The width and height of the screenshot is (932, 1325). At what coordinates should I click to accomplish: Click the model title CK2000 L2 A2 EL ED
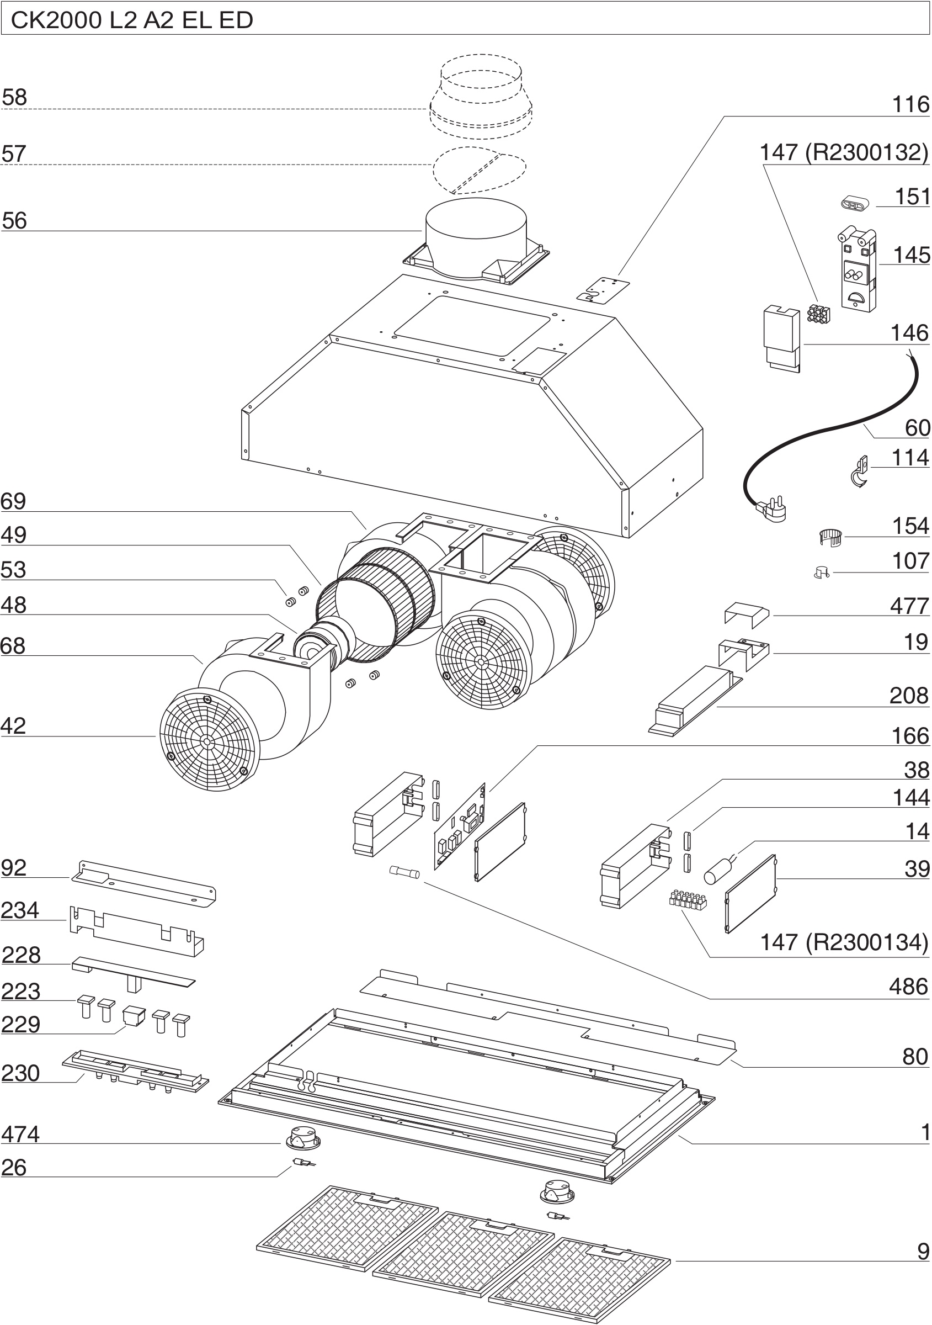(132, 20)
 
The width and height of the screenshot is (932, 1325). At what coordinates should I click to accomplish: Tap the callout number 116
(910, 104)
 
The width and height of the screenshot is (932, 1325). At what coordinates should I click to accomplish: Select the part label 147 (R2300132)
(843, 152)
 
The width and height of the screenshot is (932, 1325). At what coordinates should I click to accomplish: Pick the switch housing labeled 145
(858, 269)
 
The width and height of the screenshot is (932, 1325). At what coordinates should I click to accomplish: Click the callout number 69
(13, 501)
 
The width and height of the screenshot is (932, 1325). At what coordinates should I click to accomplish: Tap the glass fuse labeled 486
(405, 871)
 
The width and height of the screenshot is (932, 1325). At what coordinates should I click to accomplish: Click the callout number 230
(20, 1073)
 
